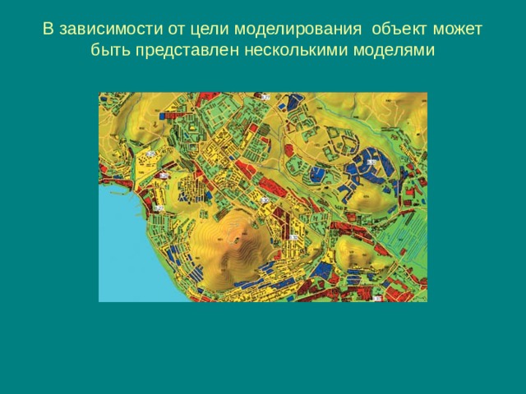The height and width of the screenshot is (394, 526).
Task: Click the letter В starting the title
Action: [x=48, y=30]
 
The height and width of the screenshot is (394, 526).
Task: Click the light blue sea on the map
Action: [x=123, y=246]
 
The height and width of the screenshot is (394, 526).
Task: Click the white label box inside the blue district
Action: [x=371, y=163]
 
